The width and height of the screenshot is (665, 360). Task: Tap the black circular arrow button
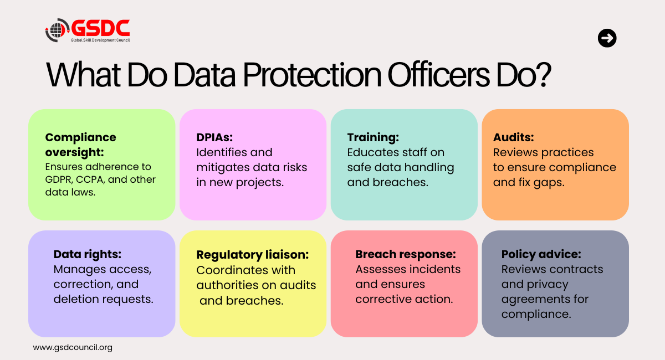607,38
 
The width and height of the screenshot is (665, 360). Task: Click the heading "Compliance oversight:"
81,144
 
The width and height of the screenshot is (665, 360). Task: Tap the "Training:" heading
373,137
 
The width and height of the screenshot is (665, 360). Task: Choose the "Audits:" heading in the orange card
514,137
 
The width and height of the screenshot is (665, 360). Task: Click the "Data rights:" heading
88,254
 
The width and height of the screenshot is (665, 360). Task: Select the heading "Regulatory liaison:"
252,255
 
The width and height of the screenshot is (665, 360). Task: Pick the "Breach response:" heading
406,254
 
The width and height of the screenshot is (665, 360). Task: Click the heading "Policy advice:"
541,254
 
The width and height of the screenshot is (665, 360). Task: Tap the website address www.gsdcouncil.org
73,348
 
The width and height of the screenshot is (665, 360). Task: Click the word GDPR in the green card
59,179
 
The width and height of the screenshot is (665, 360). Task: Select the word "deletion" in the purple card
75,299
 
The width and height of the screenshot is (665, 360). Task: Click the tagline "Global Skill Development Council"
100,40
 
